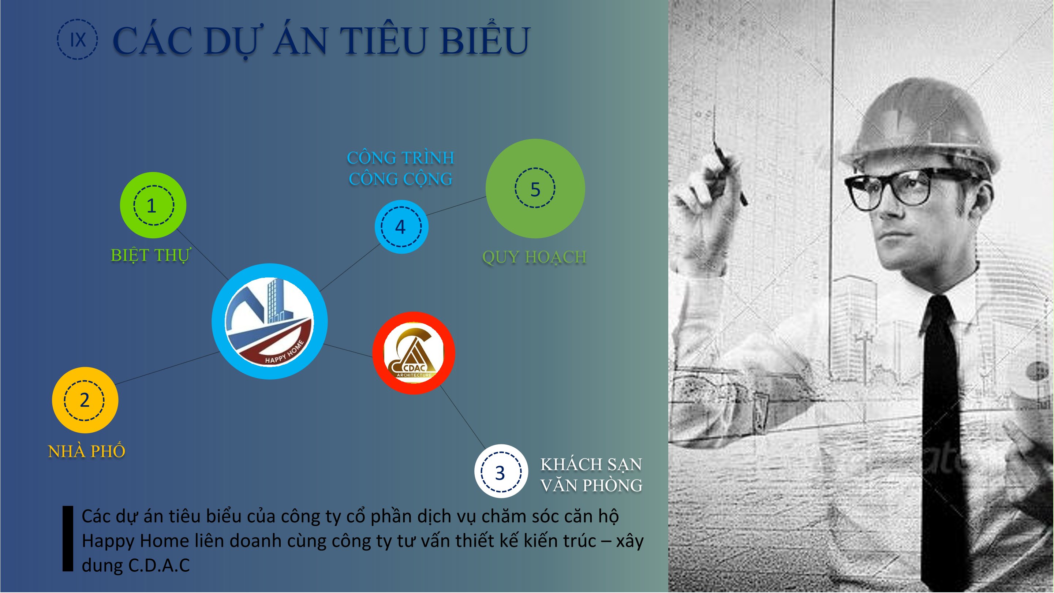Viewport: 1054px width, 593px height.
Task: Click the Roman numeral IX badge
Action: point(77,39)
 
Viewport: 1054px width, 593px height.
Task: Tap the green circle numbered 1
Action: point(153,205)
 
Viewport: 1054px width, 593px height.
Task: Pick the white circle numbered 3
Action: point(501,471)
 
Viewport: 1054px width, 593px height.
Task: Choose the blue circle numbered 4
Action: point(401,227)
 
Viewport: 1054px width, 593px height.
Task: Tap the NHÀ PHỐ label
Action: point(87,451)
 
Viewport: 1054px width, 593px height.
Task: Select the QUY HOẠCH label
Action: point(534,257)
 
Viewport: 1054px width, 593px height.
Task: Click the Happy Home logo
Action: point(270,321)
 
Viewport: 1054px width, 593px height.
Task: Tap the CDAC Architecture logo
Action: point(414,353)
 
